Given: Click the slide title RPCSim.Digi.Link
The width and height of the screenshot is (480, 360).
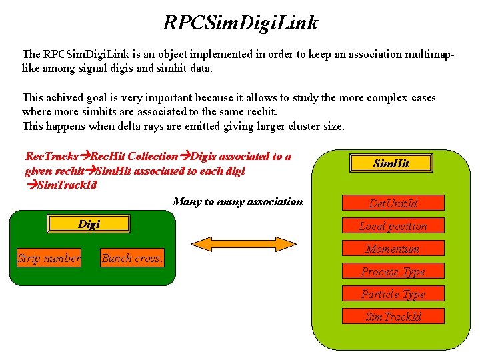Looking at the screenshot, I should click(x=241, y=23).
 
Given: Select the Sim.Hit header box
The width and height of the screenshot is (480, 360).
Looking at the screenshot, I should click(x=391, y=163).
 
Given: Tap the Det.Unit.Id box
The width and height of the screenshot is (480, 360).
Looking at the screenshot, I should click(x=393, y=203).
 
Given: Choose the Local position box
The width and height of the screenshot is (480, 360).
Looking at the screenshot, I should click(x=393, y=226).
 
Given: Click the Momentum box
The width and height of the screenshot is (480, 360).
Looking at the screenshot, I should click(x=393, y=249).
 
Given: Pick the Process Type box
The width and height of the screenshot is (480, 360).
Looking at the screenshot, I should click(x=393, y=271).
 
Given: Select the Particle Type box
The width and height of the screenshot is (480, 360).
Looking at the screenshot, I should click(x=393, y=294).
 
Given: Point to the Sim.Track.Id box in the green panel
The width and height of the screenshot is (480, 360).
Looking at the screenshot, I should click(x=393, y=317).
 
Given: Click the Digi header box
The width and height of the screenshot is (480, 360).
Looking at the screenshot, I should click(x=89, y=224).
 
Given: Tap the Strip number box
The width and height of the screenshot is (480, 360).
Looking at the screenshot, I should click(x=49, y=258).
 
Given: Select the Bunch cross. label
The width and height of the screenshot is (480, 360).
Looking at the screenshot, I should click(x=133, y=259).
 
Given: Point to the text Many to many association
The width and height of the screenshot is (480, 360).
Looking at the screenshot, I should click(x=237, y=201).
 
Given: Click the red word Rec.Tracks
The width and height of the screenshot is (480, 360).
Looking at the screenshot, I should click(x=51, y=157).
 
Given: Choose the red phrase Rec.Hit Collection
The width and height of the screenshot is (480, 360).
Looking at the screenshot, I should click(x=134, y=157).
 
